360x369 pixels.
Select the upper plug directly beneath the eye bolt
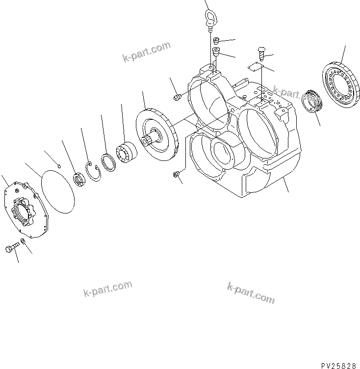[x=215, y=41]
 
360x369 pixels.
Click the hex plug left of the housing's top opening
[x=178, y=97]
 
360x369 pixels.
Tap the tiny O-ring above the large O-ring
[x=59, y=166]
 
